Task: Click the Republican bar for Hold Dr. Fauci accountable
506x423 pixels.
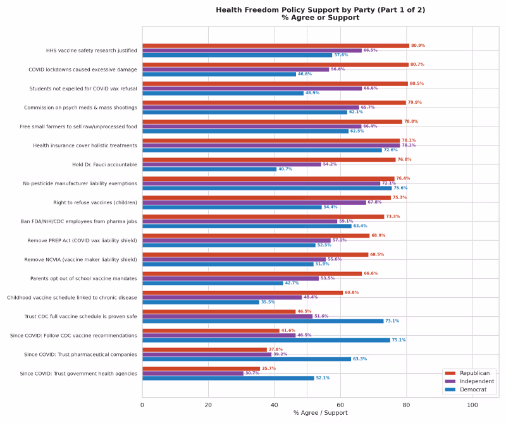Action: point(269,159)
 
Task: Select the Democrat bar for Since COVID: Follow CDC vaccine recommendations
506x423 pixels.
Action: point(266,340)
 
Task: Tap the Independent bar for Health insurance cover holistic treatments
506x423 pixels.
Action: point(271,145)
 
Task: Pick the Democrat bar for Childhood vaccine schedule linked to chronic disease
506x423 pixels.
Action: point(201,302)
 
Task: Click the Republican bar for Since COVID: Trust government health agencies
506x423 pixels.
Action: point(201,369)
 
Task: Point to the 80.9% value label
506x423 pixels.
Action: point(418,46)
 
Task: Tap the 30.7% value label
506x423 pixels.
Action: point(252,373)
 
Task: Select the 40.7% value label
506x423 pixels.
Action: point(285,169)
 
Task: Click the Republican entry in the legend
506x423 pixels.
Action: point(475,373)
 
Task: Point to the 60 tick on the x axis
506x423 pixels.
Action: point(340,404)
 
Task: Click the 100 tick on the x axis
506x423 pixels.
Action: point(472,404)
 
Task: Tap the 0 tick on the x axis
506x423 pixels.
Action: point(142,404)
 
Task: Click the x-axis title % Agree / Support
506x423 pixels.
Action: point(320,413)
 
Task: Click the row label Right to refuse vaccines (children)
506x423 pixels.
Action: point(95,202)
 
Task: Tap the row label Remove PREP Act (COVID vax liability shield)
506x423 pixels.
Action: point(82,240)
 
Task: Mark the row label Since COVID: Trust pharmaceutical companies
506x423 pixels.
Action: point(79,354)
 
